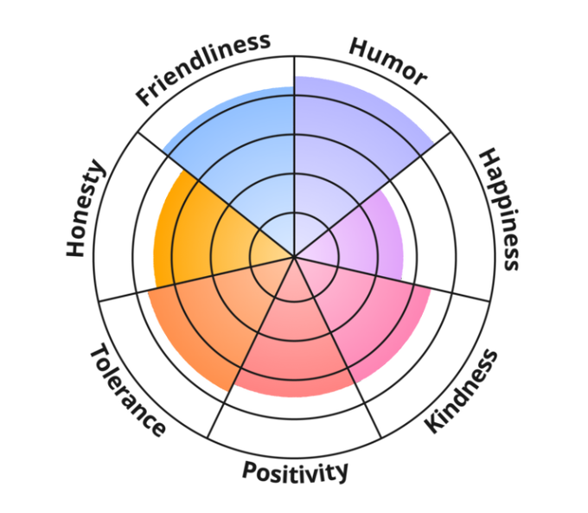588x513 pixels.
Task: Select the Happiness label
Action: (501, 208)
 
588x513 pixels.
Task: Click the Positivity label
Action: (295, 471)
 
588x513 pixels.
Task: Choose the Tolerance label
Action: (126, 391)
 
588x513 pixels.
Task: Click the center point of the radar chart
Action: (294, 257)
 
